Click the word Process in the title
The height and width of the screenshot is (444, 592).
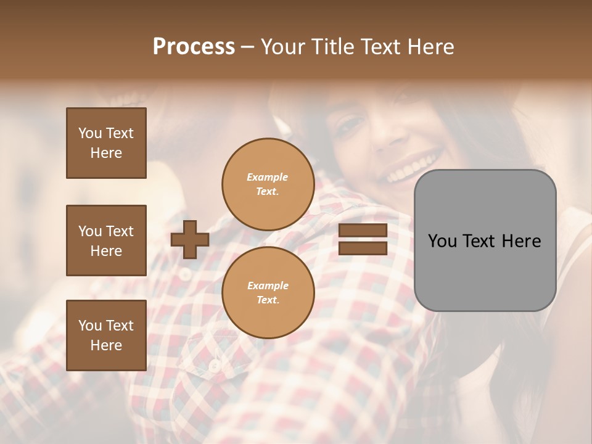point(194,46)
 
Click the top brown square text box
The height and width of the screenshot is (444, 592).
point(106,143)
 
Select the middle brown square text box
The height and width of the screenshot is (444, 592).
point(106,240)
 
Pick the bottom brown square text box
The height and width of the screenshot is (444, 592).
point(106,335)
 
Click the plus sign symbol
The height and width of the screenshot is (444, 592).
point(190,239)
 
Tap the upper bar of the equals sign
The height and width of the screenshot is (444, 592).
point(363,230)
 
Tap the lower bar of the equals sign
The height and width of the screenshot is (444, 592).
point(363,249)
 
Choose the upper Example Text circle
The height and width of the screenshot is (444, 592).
point(268,184)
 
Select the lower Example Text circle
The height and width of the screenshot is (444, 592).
point(268,293)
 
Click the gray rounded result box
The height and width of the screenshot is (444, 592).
point(485,240)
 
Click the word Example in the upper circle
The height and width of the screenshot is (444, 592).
point(268,177)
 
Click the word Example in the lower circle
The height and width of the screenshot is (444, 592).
point(268,286)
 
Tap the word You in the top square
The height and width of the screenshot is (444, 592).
point(90,133)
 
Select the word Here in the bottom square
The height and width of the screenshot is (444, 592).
point(106,345)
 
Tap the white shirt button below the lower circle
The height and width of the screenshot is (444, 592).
point(215,366)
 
